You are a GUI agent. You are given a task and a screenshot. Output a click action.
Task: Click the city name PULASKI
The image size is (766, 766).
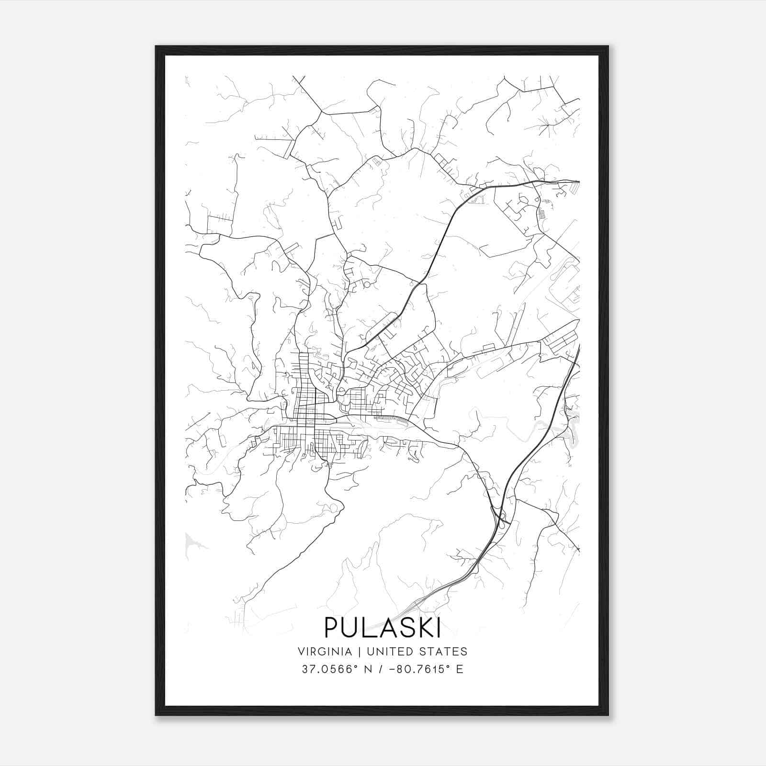383,628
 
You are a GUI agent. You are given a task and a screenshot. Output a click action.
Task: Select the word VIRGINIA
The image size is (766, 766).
324,652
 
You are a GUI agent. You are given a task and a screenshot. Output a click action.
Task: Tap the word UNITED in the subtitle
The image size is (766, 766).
389,652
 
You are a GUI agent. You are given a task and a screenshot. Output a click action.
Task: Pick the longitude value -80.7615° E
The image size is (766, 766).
427,669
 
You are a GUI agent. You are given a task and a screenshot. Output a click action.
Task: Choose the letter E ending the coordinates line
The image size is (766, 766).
460,669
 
